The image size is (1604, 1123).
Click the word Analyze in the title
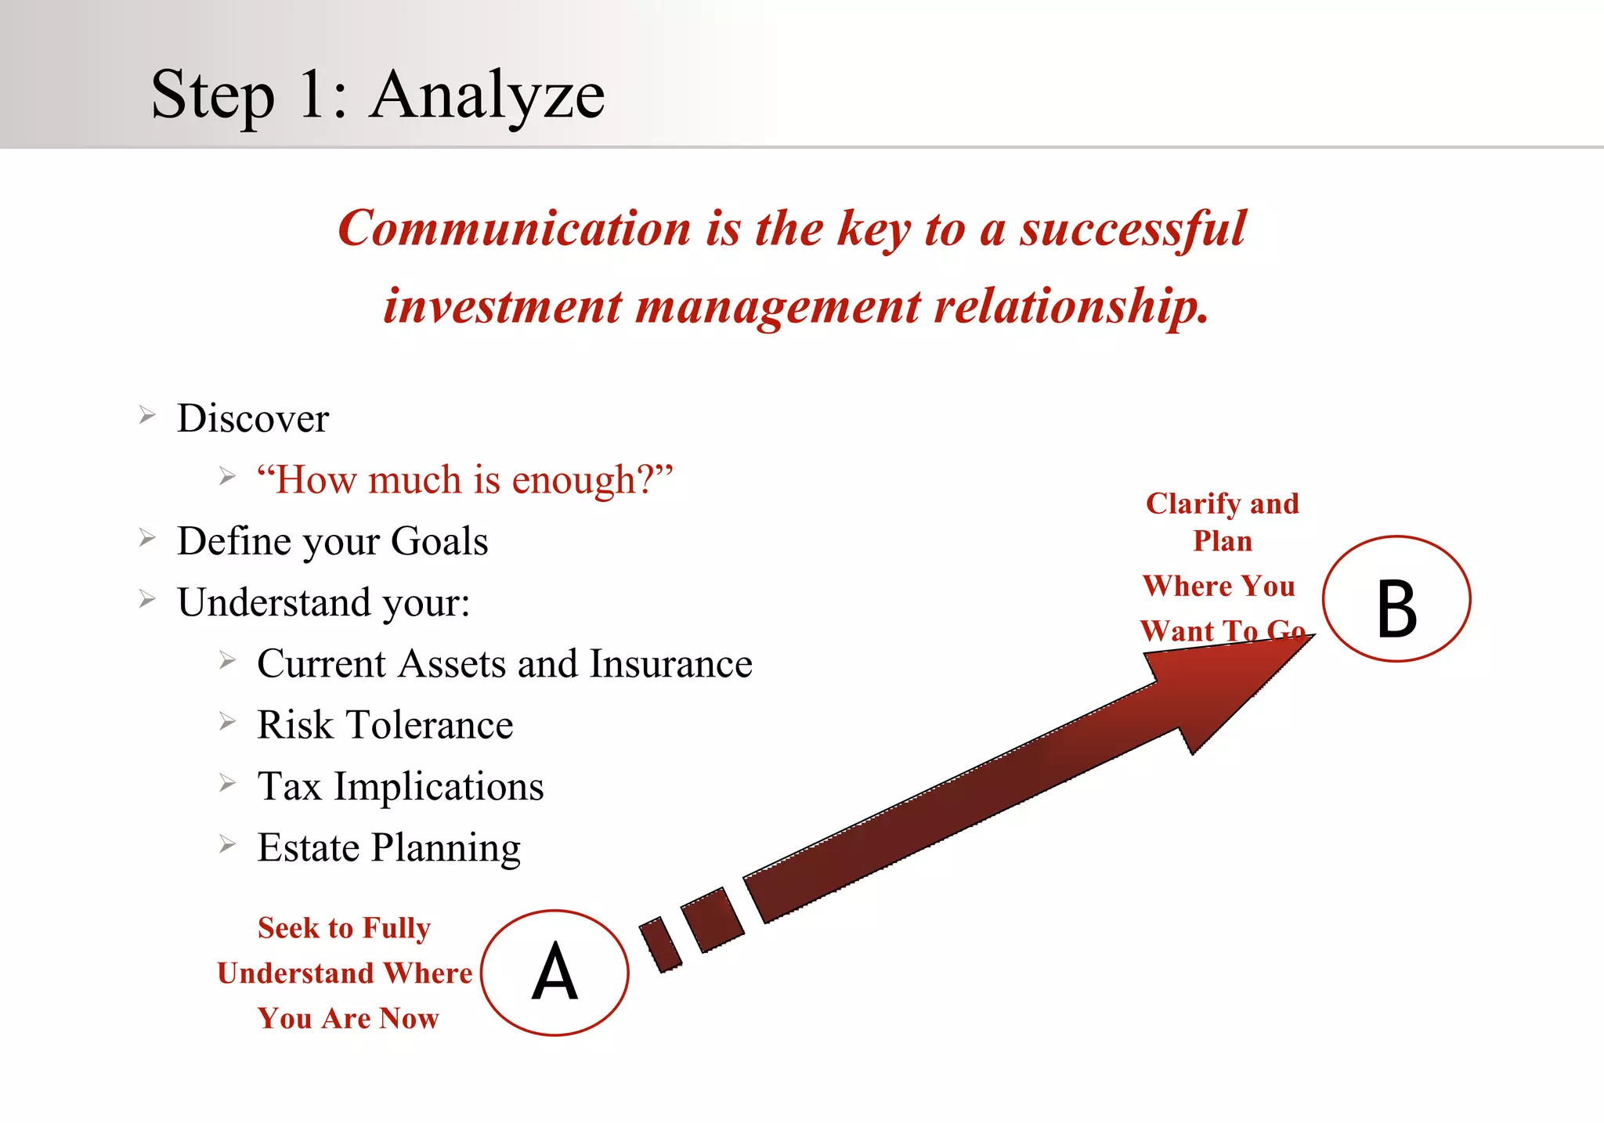click(x=487, y=96)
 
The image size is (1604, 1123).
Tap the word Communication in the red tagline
click(x=515, y=229)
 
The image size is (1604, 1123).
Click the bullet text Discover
click(x=253, y=418)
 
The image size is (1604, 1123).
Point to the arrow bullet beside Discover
click(x=147, y=414)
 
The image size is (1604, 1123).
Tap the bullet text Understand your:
click(x=323, y=602)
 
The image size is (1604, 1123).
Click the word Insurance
click(x=670, y=664)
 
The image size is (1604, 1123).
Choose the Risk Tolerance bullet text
click(x=385, y=725)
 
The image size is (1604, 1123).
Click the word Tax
click(x=289, y=786)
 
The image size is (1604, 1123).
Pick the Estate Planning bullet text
click(x=388, y=847)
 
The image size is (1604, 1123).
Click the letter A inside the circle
click(x=555, y=973)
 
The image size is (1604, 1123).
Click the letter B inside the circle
click(x=1396, y=608)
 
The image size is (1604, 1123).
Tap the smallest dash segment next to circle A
click(x=660, y=944)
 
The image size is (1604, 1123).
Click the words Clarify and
click(x=1222, y=504)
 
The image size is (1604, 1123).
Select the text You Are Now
click(x=348, y=1018)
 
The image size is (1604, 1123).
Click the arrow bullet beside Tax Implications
click(x=227, y=782)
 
